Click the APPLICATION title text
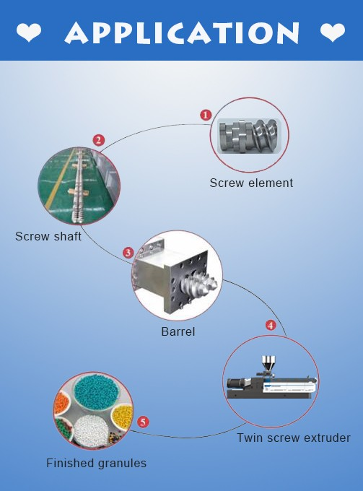coord(182,32)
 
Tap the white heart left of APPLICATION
coord(28,32)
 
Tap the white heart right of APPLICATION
coord(333,32)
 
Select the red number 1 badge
coord(206,115)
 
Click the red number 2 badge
coord(99,140)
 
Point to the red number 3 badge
coord(128,253)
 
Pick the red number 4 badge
coord(271,325)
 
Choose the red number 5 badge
coord(143,422)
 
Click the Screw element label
coord(251,183)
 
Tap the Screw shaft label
coord(48,236)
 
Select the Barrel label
coord(178,331)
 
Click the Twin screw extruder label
coord(294,438)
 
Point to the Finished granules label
coord(97,463)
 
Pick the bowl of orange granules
coord(61,404)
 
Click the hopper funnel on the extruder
coord(268,363)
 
